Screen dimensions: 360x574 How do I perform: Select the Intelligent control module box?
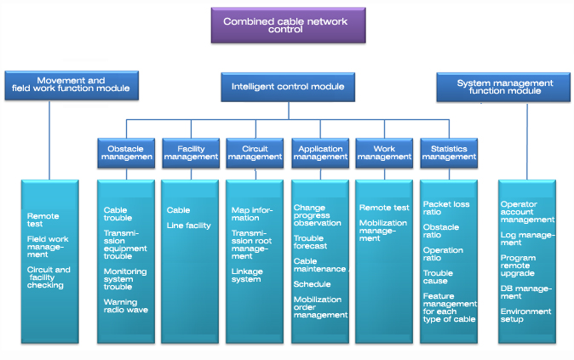tap(288, 86)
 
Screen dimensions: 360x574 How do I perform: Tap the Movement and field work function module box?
tap(72, 84)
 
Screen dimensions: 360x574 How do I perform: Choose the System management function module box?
tap(504, 88)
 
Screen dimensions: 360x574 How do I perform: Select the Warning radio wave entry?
tap(126, 306)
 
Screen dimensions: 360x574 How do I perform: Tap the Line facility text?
tap(189, 226)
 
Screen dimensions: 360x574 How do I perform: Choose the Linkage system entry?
tap(247, 275)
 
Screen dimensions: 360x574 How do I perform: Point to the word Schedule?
tap(312, 284)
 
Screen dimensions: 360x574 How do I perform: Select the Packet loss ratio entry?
tap(446, 209)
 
